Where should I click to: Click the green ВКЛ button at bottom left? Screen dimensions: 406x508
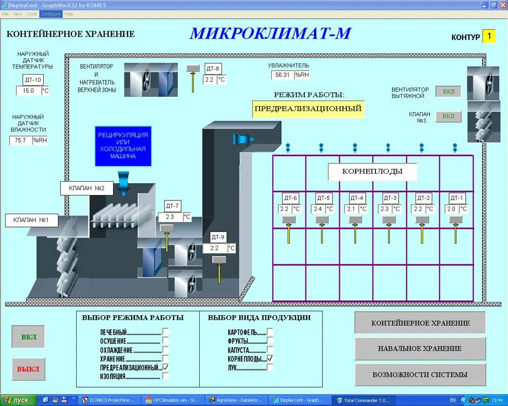tap(28, 337)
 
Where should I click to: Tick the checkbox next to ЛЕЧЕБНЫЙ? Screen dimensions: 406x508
tap(166, 332)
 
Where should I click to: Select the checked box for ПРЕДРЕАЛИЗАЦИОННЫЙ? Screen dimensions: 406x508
tap(166, 367)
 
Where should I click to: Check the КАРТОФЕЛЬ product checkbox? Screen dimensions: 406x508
tap(270, 332)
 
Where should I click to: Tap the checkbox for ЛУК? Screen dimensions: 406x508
tap(270, 367)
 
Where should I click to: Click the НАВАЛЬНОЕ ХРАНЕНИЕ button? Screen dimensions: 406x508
tap(420, 349)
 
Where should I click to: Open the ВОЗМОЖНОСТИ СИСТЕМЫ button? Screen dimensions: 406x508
tap(420, 375)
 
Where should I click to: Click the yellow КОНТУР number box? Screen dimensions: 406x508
tap(489, 36)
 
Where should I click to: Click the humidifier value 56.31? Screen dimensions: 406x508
tap(282, 75)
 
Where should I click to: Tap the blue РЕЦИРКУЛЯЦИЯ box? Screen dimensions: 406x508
tap(123, 146)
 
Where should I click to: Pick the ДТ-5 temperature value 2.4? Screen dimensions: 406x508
tap(318, 209)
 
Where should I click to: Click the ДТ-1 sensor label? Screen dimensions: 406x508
tap(457, 198)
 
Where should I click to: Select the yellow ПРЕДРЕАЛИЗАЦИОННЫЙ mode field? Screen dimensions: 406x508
tap(308, 109)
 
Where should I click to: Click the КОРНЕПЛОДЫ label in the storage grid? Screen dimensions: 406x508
tap(372, 172)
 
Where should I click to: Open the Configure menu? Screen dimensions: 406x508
tap(51, 14)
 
